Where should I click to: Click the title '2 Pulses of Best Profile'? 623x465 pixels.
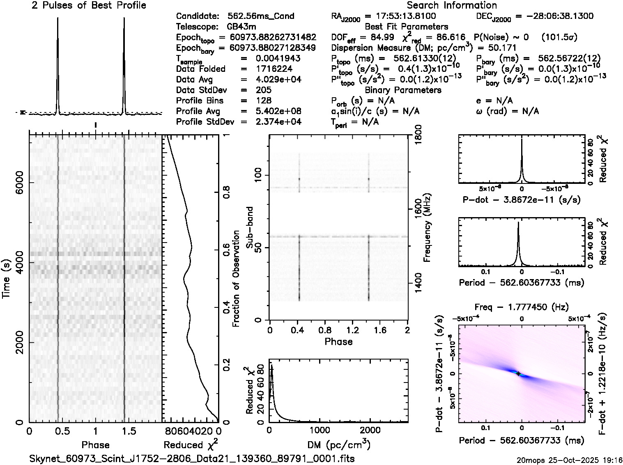[x=89, y=5]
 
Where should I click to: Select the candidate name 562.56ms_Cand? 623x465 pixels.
[x=260, y=16]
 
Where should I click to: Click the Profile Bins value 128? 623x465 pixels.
[x=263, y=101]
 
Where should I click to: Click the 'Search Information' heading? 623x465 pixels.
[x=451, y=5]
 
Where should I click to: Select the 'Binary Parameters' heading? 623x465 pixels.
[x=403, y=90]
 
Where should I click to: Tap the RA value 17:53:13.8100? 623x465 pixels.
[x=400, y=16]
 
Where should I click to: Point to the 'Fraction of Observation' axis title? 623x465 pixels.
[x=236, y=279]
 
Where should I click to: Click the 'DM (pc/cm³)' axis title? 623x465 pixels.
[x=339, y=444]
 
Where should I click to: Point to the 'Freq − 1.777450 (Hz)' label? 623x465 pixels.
[x=522, y=307]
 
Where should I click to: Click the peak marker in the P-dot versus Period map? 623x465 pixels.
[x=518, y=373]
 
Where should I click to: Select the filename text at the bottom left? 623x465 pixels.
[x=192, y=458]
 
